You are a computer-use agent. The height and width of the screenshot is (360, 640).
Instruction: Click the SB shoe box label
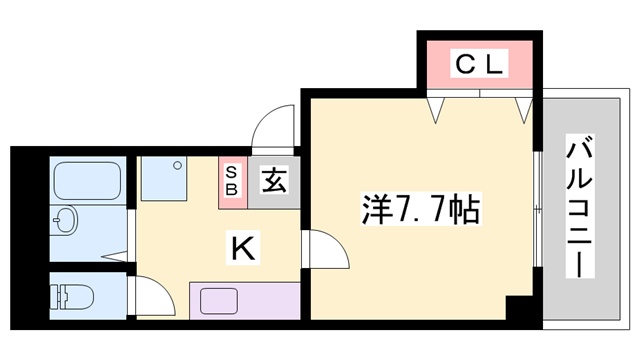click(231, 179)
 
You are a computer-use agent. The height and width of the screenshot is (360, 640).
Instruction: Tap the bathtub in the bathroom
click(86, 182)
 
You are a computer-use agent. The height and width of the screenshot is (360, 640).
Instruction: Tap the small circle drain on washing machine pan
click(176, 163)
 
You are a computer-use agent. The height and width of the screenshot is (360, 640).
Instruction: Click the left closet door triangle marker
click(438, 109)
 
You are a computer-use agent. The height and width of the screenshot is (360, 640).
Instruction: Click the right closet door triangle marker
click(523, 109)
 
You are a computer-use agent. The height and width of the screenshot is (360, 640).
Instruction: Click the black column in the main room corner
click(519, 309)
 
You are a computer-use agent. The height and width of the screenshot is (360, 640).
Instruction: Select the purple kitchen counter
click(245, 299)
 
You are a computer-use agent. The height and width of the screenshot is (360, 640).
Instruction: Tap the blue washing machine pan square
click(162, 179)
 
